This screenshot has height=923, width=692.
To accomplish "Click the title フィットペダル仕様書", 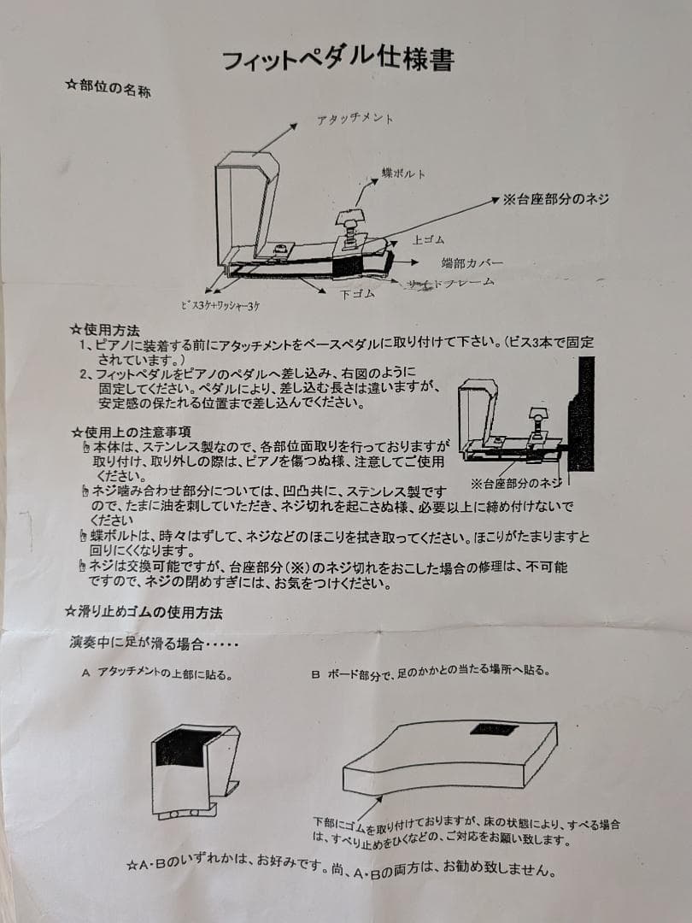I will click(337, 59).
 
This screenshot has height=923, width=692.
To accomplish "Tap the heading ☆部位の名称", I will click(108, 87).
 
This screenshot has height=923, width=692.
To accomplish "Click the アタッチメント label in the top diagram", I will click(355, 119).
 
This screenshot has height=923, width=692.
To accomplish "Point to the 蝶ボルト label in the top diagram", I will click(402, 173).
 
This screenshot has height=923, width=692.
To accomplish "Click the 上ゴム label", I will click(427, 240).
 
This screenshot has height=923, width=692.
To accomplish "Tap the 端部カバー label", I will click(472, 262).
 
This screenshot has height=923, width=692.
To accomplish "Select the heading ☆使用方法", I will click(104, 329).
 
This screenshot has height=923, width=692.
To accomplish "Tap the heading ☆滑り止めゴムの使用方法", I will click(144, 611).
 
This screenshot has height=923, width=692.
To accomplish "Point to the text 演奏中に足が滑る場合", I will click(154, 643).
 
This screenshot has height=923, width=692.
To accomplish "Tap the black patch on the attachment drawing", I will click(181, 748).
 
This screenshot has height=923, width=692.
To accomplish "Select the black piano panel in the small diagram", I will click(583, 414).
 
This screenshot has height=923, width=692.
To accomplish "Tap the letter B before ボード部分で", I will click(314, 673).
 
